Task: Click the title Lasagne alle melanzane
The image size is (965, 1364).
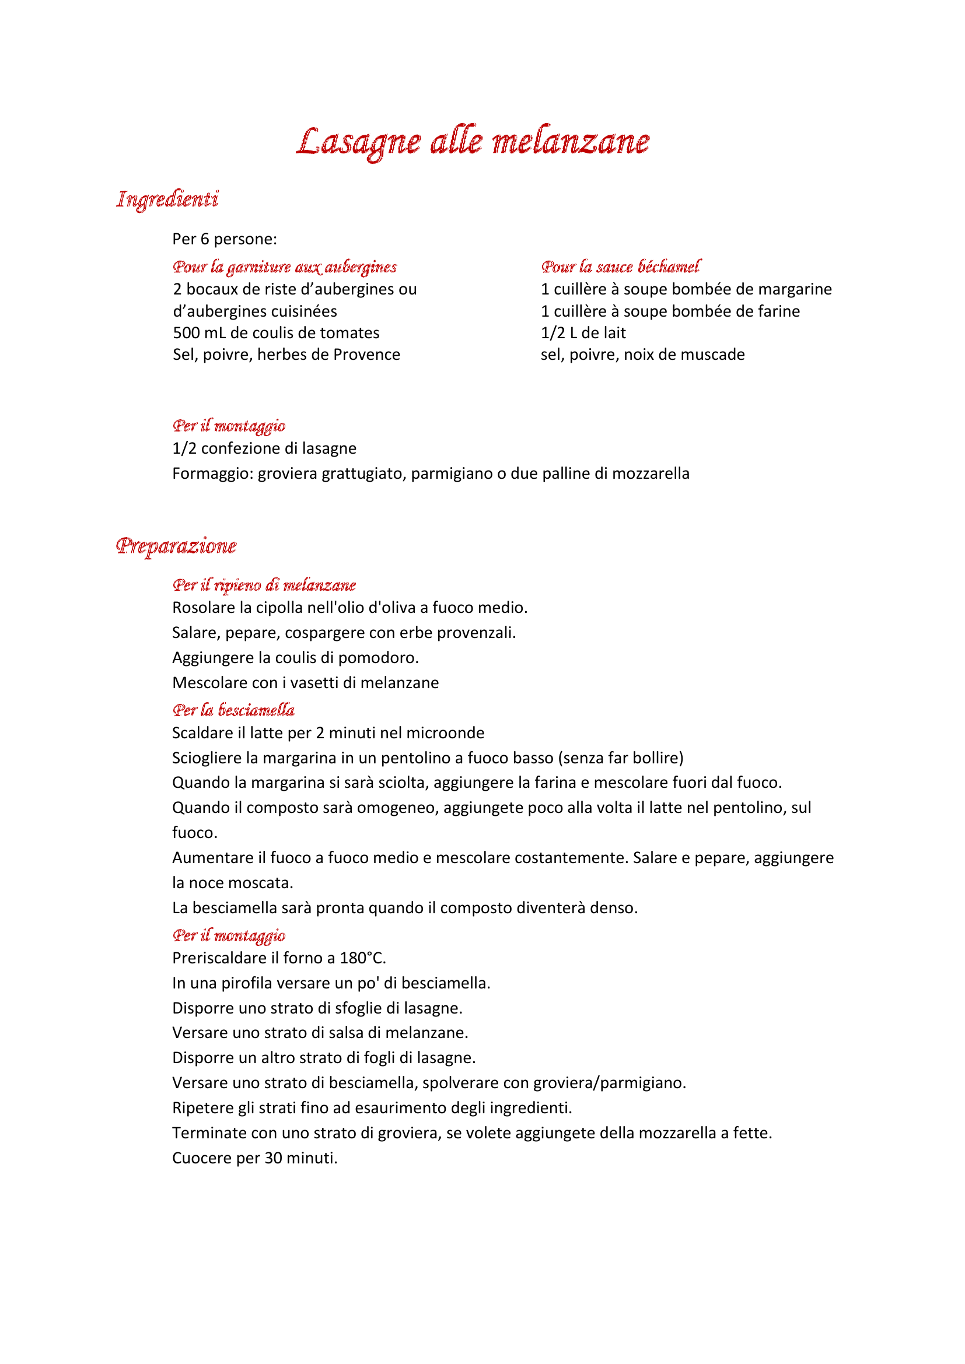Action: click(473, 141)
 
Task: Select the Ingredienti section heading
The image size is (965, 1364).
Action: click(167, 199)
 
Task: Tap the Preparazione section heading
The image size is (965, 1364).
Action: click(176, 545)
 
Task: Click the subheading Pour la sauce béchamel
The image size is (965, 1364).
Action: click(620, 267)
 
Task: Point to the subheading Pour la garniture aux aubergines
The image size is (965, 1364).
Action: click(285, 267)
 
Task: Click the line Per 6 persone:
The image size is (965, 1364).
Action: click(225, 240)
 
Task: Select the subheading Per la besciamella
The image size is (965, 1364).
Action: click(233, 710)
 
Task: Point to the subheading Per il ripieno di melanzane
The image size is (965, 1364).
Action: click(264, 585)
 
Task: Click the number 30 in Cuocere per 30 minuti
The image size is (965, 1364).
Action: click(273, 1158)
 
